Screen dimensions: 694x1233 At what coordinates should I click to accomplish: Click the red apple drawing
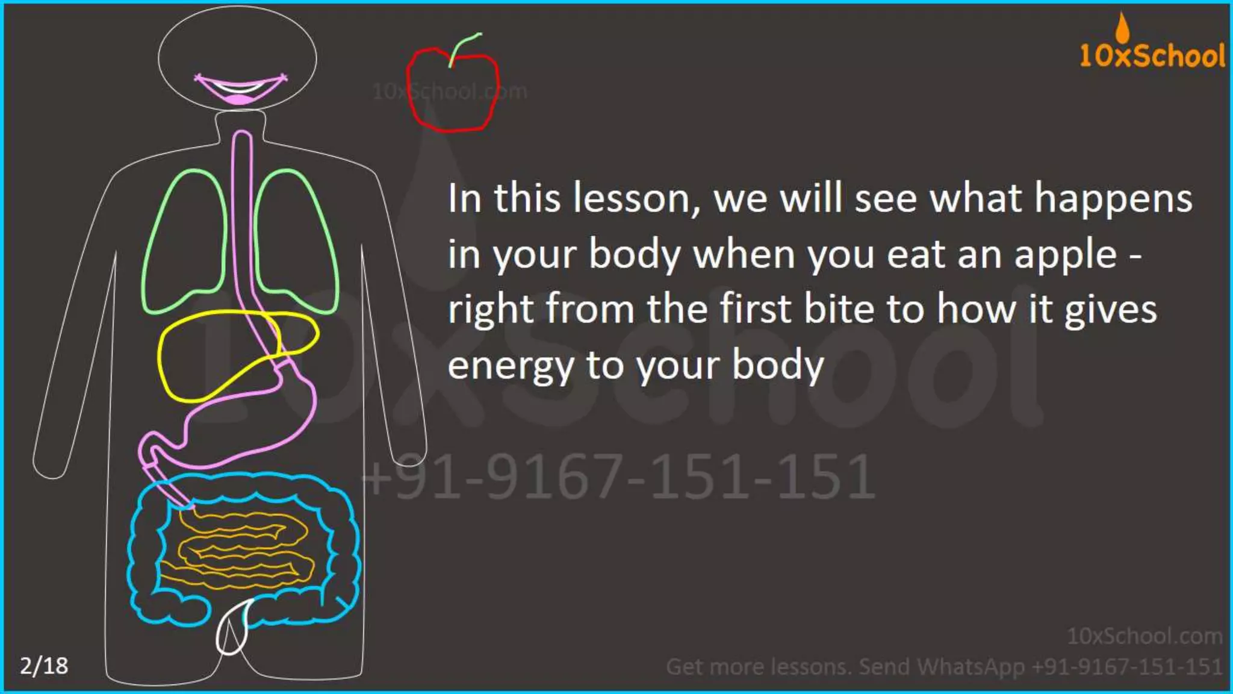click(453, 90)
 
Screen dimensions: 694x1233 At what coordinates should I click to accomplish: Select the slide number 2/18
click(44, 666)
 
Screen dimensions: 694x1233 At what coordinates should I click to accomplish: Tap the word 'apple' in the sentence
click(1066, 254)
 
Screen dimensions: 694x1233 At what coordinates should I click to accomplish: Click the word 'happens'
click(1113, 199)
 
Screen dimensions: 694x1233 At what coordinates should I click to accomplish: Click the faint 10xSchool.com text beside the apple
click(450, 92)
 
